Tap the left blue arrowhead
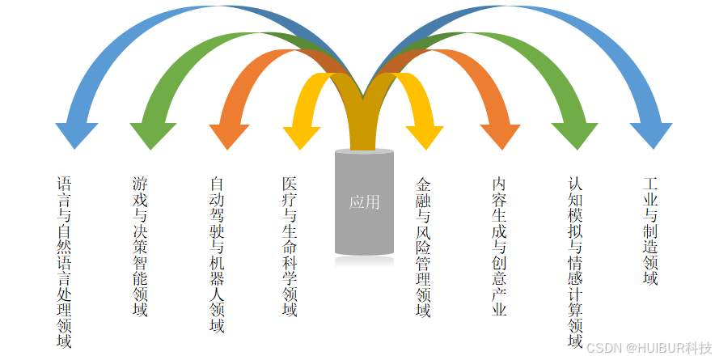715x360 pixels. (77, 133)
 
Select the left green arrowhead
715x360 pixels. (152, 134)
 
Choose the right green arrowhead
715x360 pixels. (576, 134)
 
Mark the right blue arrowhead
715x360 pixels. (651, 133)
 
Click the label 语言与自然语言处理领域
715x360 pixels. (64, 262)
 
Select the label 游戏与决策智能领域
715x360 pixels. (140, 247)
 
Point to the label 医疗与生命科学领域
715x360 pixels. (290, 247)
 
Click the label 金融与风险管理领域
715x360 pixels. (423, 247)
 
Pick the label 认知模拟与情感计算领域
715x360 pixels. (574, 262)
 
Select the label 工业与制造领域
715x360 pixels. (649, 231)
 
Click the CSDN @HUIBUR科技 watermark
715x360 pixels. (648, 347)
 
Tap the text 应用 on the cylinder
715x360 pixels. (364, 202)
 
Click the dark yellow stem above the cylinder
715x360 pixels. (364, 121)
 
